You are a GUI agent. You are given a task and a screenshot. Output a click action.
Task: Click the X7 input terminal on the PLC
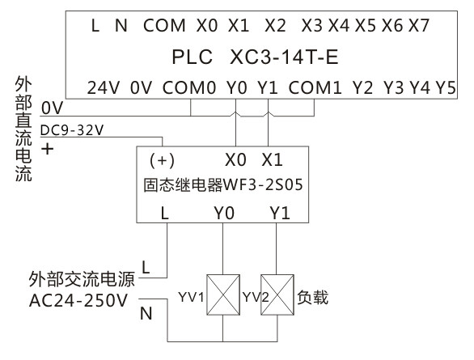tap(419, 26)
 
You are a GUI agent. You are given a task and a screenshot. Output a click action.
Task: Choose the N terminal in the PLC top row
tap(121, 26)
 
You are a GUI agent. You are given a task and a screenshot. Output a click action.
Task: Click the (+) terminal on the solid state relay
tap(164, 159)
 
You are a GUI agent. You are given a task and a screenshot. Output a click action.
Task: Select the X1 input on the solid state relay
tap(273, 159)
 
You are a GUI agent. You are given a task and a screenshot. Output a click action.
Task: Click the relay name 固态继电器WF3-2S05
tap(223, 184)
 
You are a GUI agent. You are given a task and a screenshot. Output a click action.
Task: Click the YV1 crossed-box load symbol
tap(222, 297)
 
